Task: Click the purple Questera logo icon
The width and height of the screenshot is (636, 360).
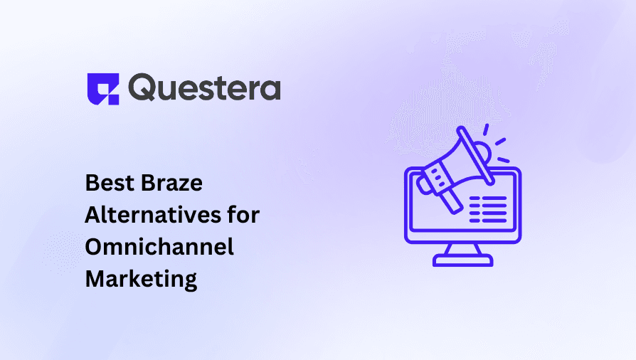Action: (103, 89)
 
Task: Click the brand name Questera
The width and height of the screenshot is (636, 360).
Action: (204, 88)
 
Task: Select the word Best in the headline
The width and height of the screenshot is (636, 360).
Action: (110, 183)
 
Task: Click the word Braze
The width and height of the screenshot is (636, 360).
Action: (172, 183)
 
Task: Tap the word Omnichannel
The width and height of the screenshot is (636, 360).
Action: (159, 246)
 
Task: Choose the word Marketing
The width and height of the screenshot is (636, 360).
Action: (141, 279)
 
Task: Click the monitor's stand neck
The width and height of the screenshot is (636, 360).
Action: (463, 249)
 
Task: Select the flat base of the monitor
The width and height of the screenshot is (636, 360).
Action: (463, 260)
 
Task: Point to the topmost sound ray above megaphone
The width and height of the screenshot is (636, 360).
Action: (486, 129)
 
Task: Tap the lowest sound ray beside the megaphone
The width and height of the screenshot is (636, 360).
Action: (504, 160)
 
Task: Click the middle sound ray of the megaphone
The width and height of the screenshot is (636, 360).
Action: (501, 142)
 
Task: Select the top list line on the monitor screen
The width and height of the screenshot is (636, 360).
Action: (488, 199)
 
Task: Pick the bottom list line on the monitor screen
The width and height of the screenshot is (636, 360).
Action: (488, 221)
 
